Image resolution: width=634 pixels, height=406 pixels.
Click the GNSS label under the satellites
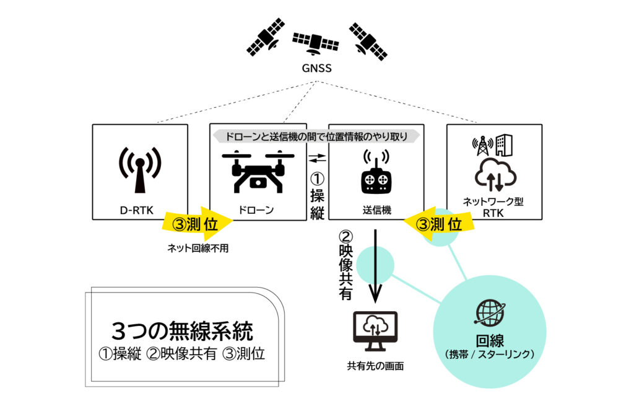click(x=316, y=68)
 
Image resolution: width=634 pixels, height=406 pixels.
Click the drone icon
click(x=256, y=170)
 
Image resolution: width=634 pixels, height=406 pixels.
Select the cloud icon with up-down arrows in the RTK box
click(x=494, y=174)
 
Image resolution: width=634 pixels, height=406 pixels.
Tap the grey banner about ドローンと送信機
click(x=316, y=135)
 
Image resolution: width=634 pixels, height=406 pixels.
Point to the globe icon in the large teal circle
click(x=490, y=313)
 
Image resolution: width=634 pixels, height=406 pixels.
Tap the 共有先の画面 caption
click(x=375, y=366)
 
